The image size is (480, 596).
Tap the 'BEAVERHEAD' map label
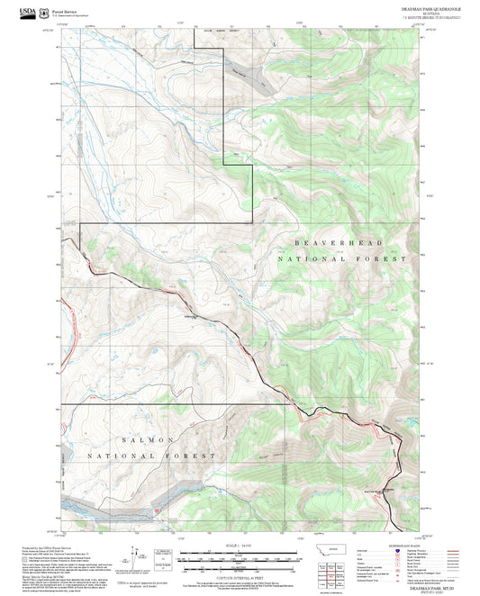click(x=340, y=243)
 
